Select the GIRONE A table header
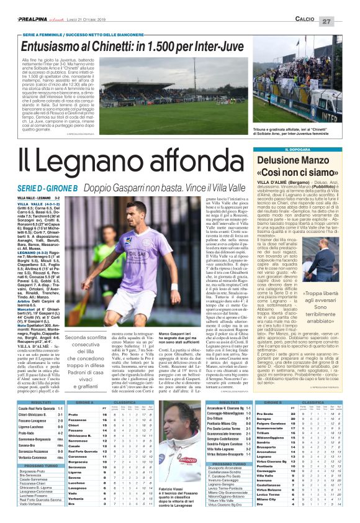84,384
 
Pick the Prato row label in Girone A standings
73,396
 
